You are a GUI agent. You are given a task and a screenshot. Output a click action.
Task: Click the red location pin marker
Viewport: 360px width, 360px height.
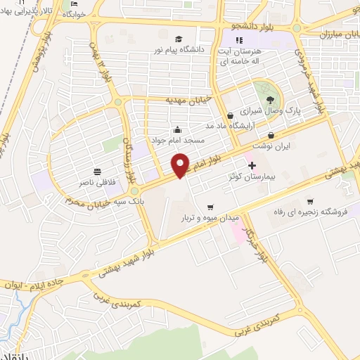(181, 165)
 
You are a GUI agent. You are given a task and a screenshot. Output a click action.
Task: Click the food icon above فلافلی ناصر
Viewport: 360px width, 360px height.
(97, 171)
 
